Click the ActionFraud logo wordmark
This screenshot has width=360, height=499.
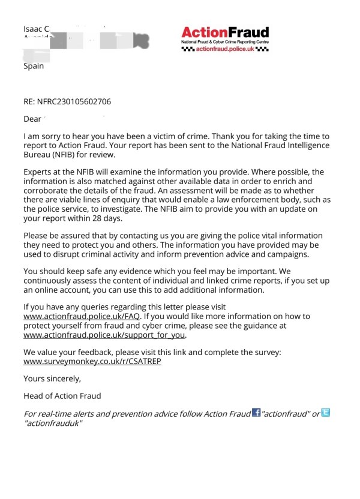[225, 32]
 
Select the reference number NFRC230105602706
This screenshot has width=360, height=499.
[74, 101]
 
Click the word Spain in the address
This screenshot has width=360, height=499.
[34, 66]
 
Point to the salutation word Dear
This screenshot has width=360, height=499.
[32, 119]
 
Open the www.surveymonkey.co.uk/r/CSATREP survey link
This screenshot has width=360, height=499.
[92, 362]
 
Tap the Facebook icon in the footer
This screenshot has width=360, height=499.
[256, 413]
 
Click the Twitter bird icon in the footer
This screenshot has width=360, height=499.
[326, 412]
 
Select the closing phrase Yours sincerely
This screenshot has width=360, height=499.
[52, 378]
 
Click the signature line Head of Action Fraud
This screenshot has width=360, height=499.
[62, 396]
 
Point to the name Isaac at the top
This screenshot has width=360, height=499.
[32, 29]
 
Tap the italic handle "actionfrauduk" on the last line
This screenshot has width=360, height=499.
[53, 423]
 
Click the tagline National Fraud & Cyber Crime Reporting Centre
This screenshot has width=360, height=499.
[225, 43]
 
